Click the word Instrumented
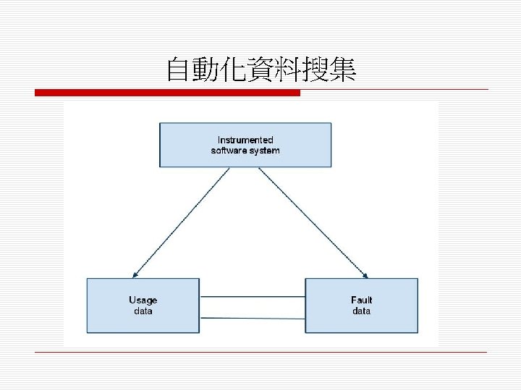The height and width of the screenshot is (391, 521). pos(246,140)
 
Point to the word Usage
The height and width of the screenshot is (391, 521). pos(143,300)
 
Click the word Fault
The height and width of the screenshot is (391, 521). pos(361,300)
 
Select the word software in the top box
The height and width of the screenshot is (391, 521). pos(227,151)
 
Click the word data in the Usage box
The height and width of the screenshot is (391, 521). pos(143,311)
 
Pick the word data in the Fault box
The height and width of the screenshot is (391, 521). pos(361,311)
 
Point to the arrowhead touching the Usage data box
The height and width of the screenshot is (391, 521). pos(133,275)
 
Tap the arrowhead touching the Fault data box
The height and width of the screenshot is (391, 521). pos(366,275)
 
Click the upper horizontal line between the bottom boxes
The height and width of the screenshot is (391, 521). pos(252,297)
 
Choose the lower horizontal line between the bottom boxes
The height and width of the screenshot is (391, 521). pos(252,318)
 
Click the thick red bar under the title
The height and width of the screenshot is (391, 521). pos(166,93)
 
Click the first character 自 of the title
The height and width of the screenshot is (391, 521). pos(178,70)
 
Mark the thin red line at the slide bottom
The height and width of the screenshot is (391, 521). pos(260,352)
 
